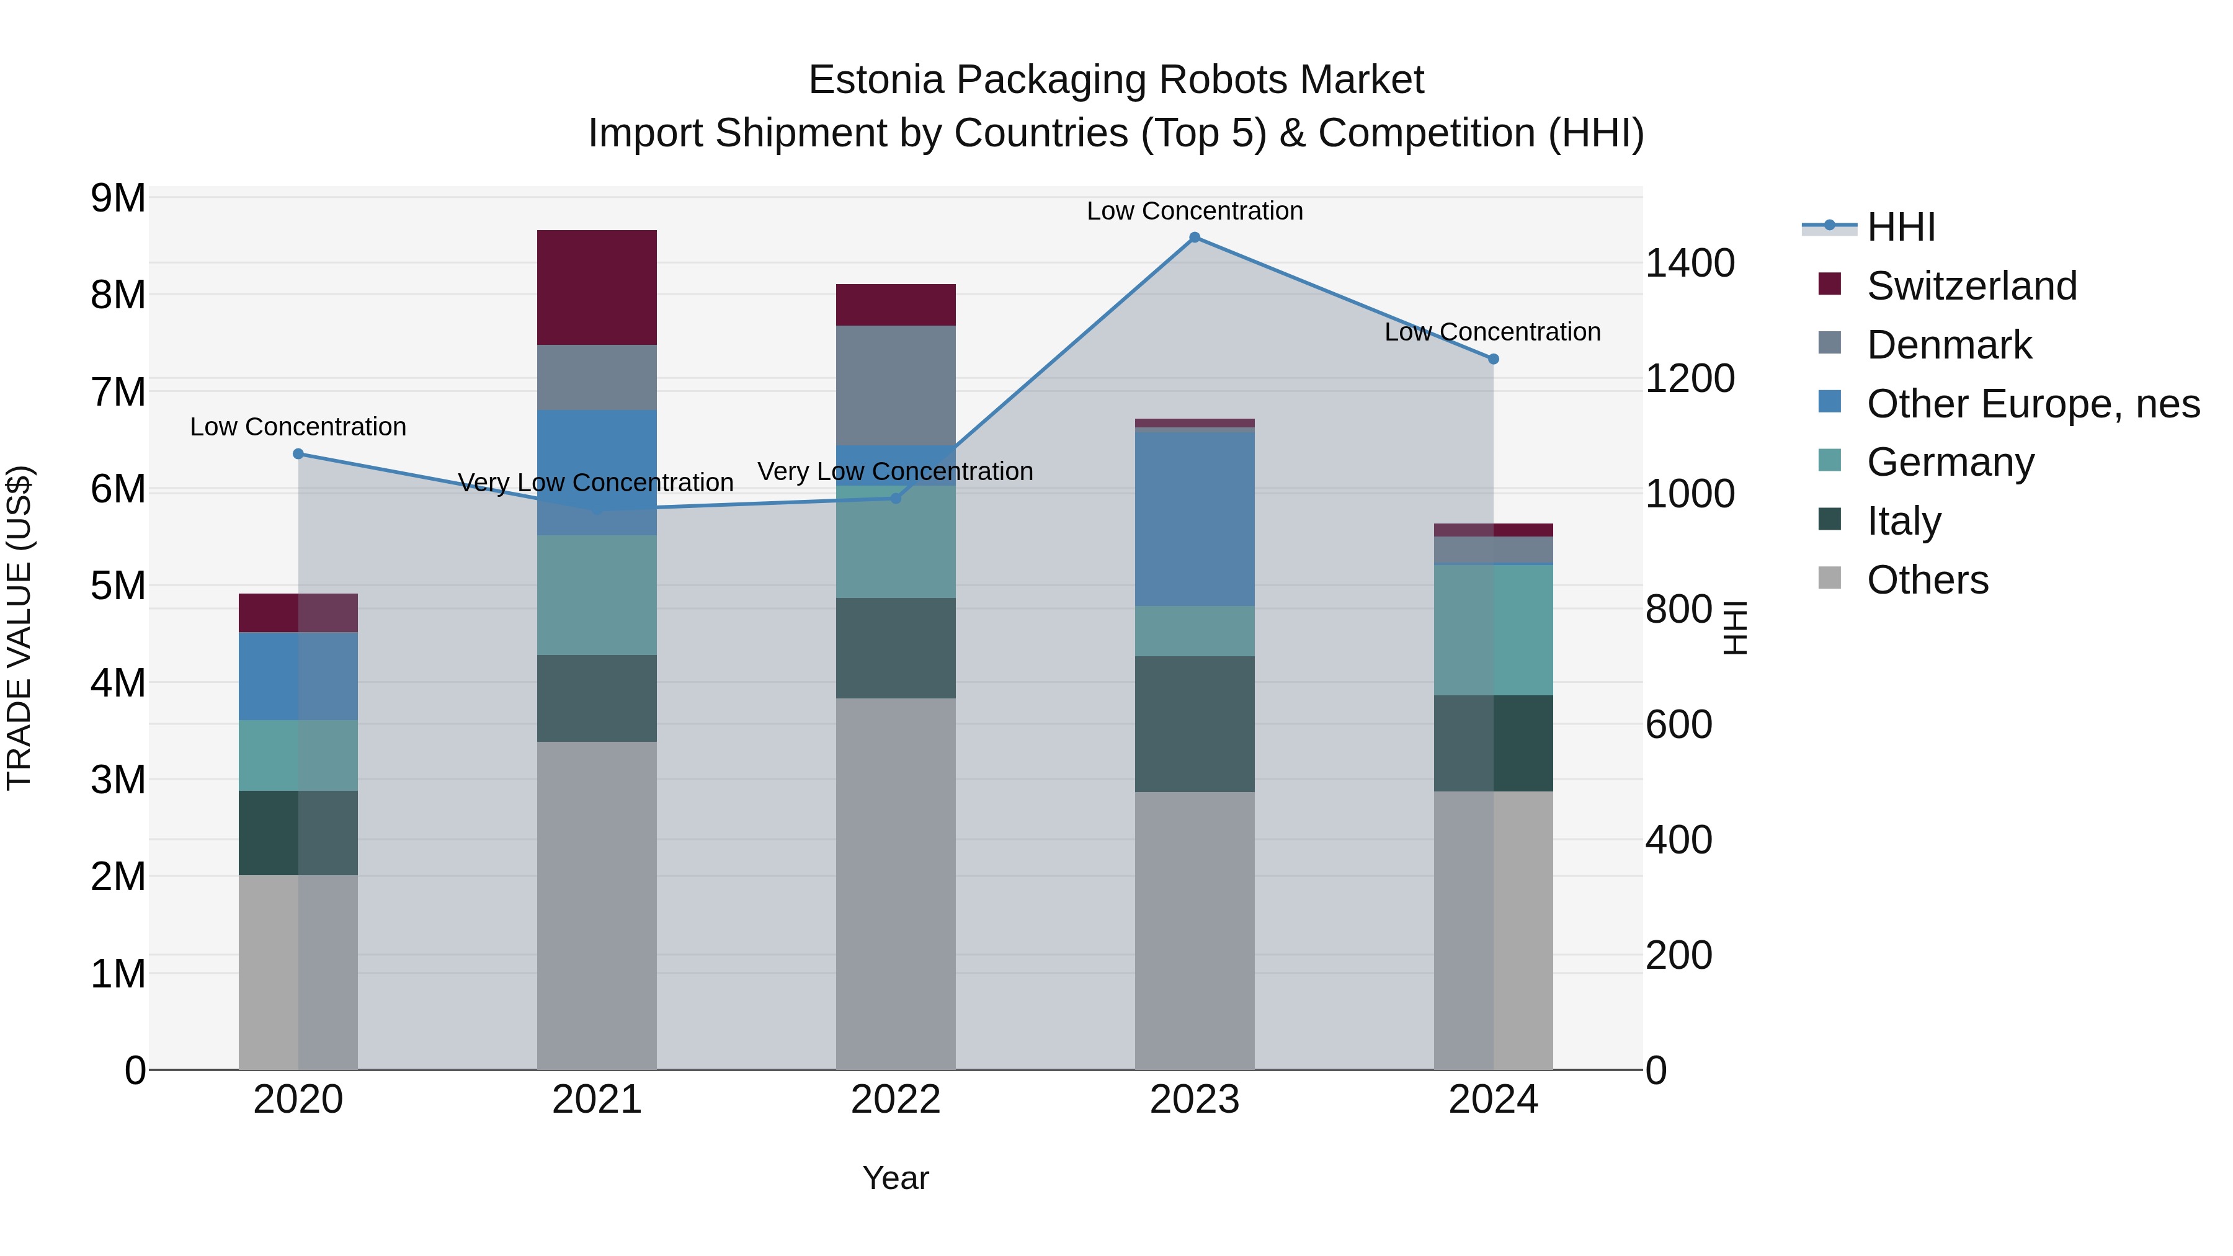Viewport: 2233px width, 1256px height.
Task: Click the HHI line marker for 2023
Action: click(1195, 238)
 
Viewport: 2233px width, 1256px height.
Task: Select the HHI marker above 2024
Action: click(1494, 359)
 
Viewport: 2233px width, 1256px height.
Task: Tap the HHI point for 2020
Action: click(298, 453)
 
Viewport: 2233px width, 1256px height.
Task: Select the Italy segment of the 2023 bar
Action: click(1195, 723)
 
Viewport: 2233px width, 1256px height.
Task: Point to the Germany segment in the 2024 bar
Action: click(1494, 630)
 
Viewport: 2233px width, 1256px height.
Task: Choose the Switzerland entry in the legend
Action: click(1971, 286)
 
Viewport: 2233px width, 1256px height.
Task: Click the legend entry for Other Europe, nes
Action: click(2033, 404)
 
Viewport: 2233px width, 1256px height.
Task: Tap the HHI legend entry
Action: click(1900, 227)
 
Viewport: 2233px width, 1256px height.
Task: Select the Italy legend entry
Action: click(1904, 521)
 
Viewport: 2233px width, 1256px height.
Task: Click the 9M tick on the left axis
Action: click(118, 198)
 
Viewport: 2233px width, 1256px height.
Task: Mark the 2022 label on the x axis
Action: click(896, 1100)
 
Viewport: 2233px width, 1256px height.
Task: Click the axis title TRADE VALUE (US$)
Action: click(20, 628)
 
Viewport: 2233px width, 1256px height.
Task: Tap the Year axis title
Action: click(896, 1178)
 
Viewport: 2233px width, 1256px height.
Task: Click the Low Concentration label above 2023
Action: click(1195, 212)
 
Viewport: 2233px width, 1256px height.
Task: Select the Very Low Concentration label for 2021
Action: click(595, 483)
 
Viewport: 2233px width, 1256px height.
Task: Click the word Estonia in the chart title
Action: click(875, 81)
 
